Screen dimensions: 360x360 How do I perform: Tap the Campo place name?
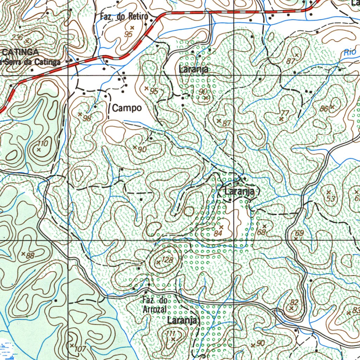point(127,108)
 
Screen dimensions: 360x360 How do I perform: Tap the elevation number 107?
point(81,349)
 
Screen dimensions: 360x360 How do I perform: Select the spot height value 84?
point(218,233)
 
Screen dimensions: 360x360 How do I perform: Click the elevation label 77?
point(285,113)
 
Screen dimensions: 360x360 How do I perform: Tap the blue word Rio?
point(350,52)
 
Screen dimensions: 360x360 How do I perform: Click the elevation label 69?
point(299,233)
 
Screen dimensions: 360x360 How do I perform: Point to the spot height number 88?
point(30,256)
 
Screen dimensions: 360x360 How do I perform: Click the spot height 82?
point(294,302)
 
